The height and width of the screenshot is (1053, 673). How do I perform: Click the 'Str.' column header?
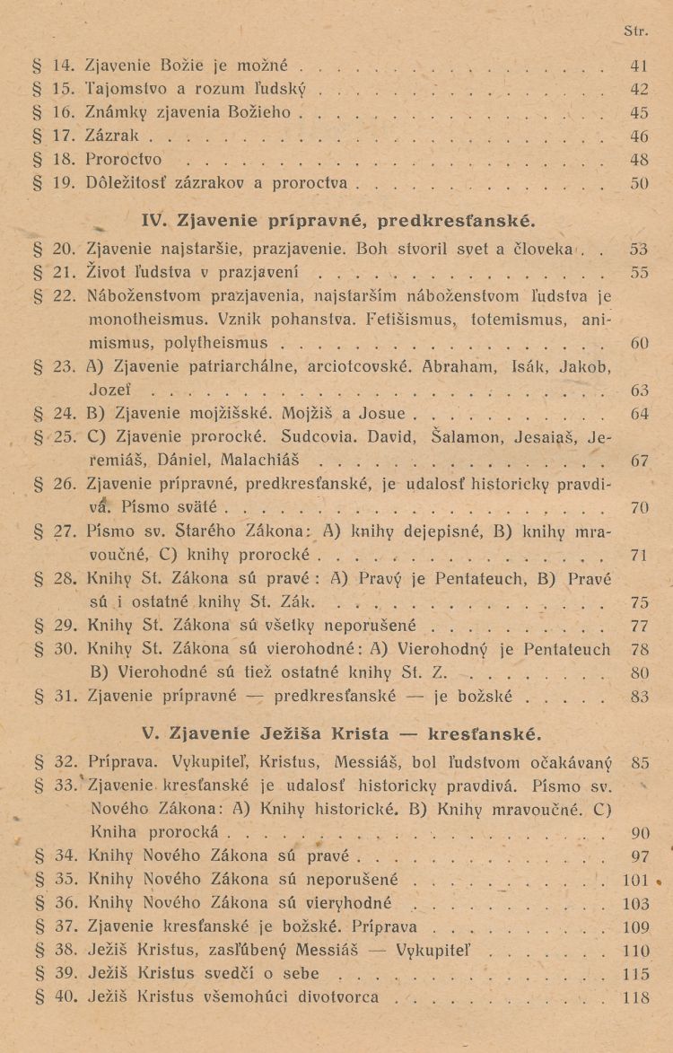point(635,31)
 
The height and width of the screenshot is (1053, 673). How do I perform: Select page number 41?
point(639,66)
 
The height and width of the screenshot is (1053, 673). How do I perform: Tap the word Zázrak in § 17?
point(113,137)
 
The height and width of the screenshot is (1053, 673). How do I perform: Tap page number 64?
point(639,414)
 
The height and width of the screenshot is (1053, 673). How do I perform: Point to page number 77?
point(639,625)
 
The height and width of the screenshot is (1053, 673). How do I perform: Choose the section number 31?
point(63,695)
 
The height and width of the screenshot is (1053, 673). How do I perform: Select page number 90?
point(639,834)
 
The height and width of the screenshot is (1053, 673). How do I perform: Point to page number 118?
point(636,996)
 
